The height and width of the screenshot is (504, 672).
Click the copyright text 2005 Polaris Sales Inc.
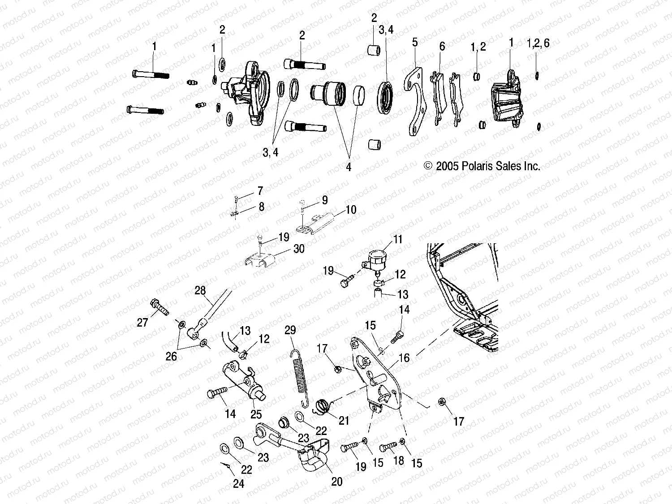pyautogui.click(x=482, y=166)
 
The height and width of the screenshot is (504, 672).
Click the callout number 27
pyautogui.click(x=142, y=323)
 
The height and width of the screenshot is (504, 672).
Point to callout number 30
pyautogui.click(x=299, y=248)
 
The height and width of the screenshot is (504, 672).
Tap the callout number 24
pyautogui.click(x=239, y=484)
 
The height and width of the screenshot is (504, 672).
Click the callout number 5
pyautogui.click(x=415, y=42)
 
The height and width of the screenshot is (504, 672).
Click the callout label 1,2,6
pyautogui.click(x=538, y=43)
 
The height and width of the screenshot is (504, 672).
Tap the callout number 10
pyautogui.click(x=351, y=210)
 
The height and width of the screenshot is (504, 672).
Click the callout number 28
pyautogui.click(x=200, y=290)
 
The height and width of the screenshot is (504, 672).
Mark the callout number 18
pyautogui.click(x=399, y=461)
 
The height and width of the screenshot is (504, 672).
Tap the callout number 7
pyautogui.click(x=260, y=191)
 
